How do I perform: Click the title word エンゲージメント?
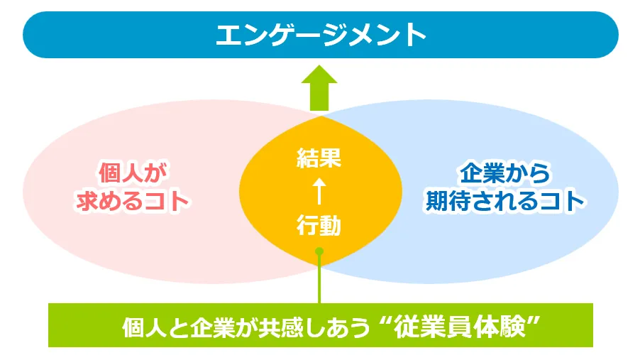pos(321,35)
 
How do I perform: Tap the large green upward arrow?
pos(319,88)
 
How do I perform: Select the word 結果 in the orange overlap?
pos(319,158)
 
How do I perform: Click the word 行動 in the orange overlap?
pos(319,225)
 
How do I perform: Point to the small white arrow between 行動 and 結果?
pos(319,191)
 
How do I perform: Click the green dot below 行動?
pos(319,251)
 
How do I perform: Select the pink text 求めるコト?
pos(133,201)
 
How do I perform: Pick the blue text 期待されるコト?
pos(505,201)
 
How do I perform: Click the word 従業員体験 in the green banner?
pos(459,327)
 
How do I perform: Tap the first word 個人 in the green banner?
pos(145,327)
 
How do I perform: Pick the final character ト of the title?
pos(414,35)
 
